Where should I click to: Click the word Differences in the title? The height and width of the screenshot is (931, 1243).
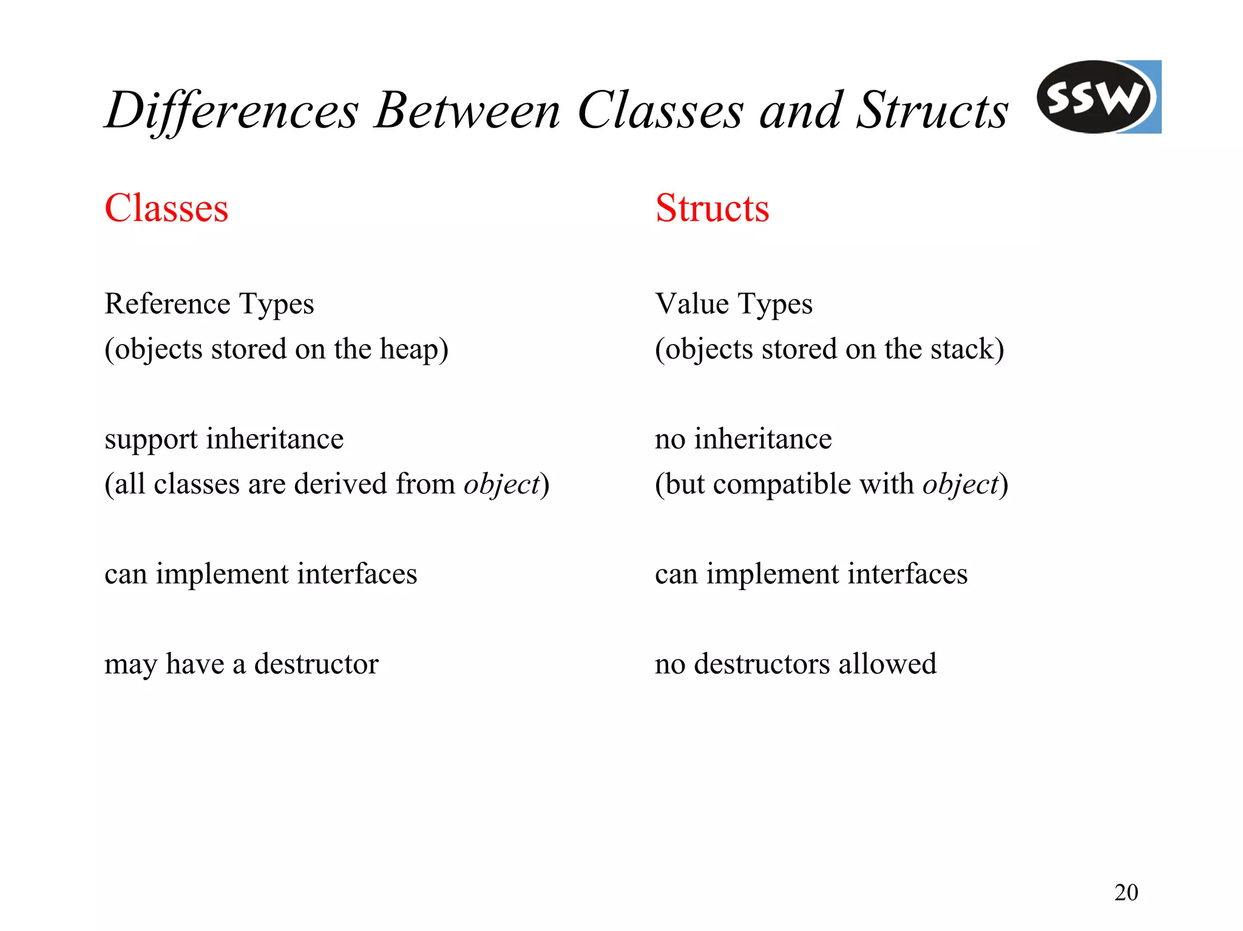point(232,111)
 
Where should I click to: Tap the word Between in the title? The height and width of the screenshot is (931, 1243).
point(467,111)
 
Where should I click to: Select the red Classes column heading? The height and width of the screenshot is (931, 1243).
point(166,208)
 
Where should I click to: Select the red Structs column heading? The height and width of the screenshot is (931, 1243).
point(712,208)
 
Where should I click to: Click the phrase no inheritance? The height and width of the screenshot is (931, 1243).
point(743,439)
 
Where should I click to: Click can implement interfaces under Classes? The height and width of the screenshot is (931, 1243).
point(260,574)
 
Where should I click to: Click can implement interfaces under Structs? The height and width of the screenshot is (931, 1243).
point(811,574)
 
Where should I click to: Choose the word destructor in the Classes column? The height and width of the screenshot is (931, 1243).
point(316,664)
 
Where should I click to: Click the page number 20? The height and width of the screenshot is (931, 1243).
point(1126,893)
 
